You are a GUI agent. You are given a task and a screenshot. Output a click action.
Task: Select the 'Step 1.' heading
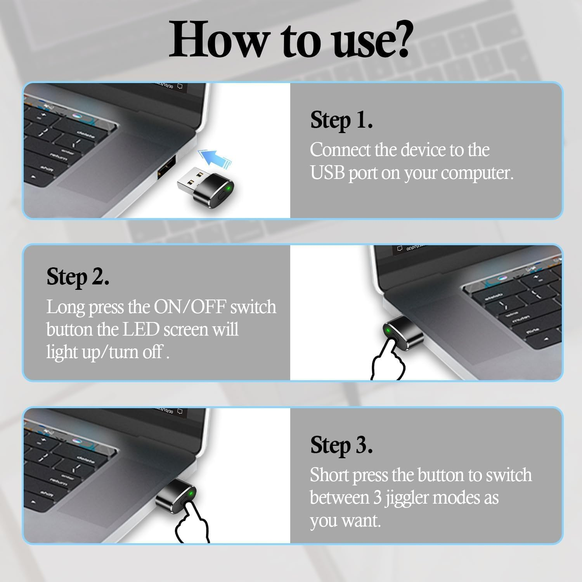click(341, 120)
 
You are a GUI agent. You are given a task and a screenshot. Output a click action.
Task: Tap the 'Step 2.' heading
click(78, 277)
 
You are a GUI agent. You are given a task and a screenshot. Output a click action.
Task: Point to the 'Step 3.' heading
click(341, 445)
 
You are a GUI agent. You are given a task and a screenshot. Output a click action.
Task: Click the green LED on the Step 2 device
click(387, 331)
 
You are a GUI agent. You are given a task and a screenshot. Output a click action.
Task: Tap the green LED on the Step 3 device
click(191, 494)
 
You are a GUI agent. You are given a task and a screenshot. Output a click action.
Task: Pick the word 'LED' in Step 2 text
click(141, 329)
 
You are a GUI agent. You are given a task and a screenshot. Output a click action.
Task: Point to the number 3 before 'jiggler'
click(378, 497)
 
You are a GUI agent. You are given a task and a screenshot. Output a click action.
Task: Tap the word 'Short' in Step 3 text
click(329, 475)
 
